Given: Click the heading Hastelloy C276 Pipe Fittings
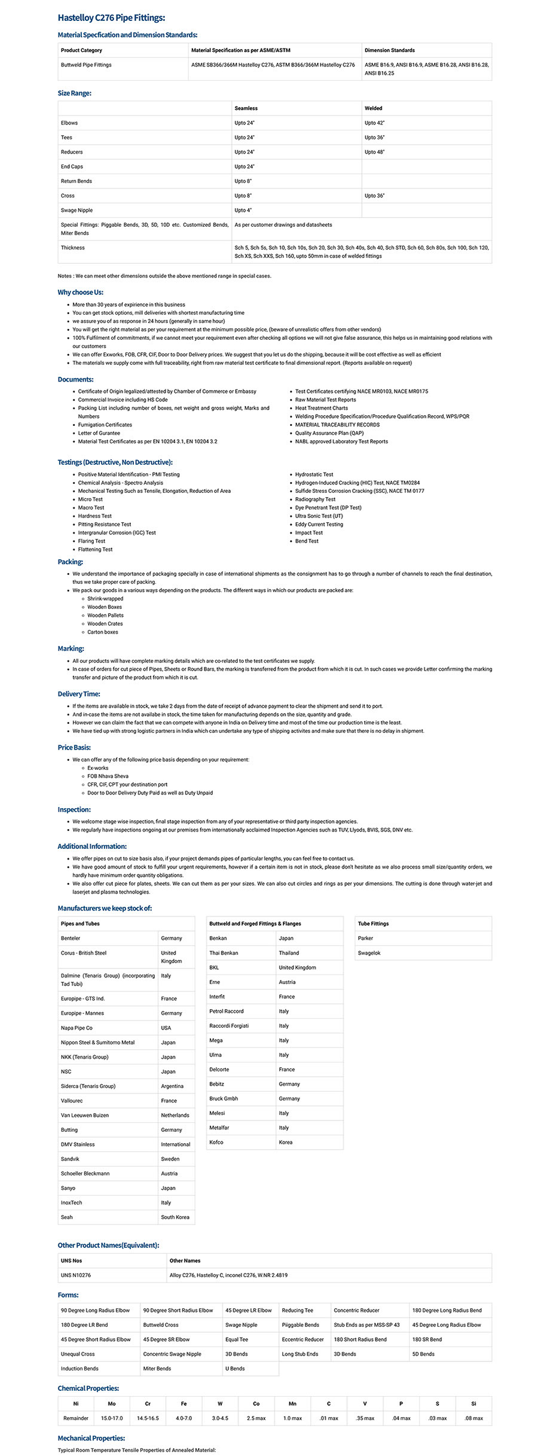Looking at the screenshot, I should point(111,18).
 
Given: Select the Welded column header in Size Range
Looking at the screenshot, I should point(374,108).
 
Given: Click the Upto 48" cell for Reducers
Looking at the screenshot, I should point(375,152).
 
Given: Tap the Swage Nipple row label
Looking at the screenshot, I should point(77,210).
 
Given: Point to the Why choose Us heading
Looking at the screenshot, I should point(81,292).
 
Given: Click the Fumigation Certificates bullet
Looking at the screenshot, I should point(105,425).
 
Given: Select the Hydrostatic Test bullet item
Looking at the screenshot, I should point(314,474).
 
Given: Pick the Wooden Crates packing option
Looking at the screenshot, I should point(105,623).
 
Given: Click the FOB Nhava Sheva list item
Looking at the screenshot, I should point(108,776).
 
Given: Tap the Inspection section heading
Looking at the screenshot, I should point(74,809).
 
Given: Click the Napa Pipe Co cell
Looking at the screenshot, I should point(77,1028).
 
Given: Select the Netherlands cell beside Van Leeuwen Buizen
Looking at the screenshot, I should point(175,1115).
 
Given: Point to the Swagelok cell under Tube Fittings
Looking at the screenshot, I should point(369,953).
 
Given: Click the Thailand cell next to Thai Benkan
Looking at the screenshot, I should point(289,953).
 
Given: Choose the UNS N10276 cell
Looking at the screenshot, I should point(76,1275).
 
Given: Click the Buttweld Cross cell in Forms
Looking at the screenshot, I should point(161,1324).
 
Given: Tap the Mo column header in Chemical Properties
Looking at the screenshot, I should point(112,1403).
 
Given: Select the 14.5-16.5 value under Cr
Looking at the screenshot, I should point(148,1418).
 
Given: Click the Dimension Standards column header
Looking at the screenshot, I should point(389,50).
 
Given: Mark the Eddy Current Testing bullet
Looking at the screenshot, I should point(319,524).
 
